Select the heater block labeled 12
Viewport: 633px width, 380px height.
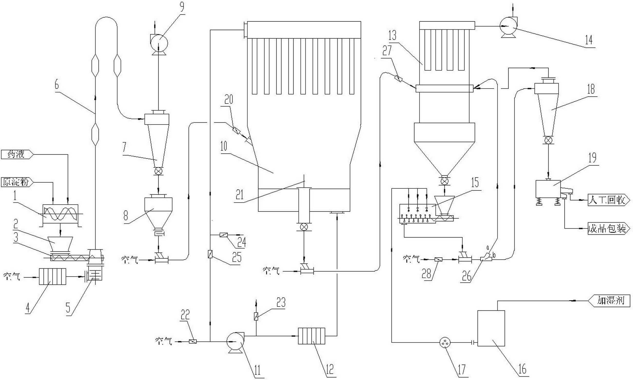(311, 336)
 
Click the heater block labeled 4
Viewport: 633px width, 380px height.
(52, 277)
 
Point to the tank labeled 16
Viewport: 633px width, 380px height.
(491, 328)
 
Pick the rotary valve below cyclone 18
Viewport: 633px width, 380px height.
(548, 140)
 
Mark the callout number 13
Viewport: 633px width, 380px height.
(393, 36)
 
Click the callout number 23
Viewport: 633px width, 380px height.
(281, 303)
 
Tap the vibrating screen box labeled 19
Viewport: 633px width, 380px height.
(548, 189)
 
